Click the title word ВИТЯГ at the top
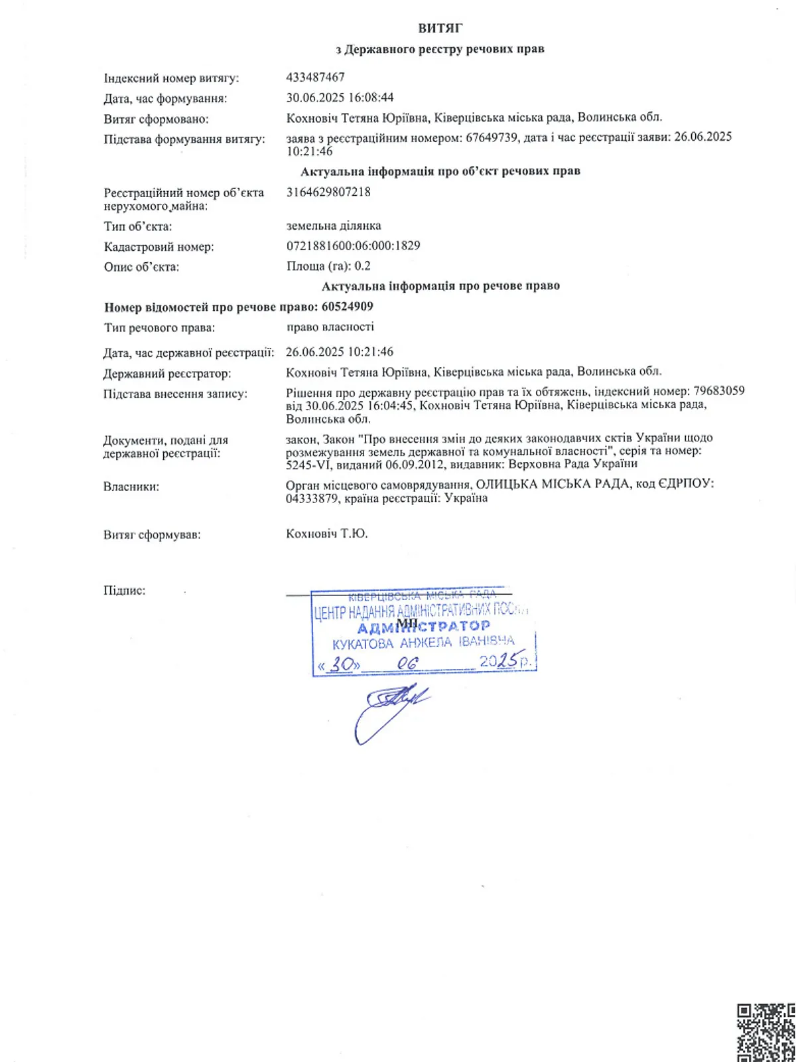[x=440, y=28]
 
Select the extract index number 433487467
[x=315, y=77]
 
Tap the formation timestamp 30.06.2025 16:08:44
[x=340, y=98]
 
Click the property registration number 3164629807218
[x=328, y=192]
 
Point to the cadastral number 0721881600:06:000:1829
[x=353, y=246]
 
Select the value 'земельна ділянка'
[x=334, y=226]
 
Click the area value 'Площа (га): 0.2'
[x=328, y=266]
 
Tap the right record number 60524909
[x=347, y=307]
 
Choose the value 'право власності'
[x=330, y=327]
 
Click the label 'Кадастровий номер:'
[x=159, y=247]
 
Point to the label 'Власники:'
[x=131, y=487]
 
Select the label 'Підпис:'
[x=124, y=590]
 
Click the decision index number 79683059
[x=718, y=391]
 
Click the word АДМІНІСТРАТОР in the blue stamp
[x=424, y=627]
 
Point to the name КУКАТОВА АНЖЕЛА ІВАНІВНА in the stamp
[x=423, y=643]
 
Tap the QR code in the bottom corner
[x=767, y=1033]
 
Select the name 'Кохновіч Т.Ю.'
[x=326, y=534]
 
